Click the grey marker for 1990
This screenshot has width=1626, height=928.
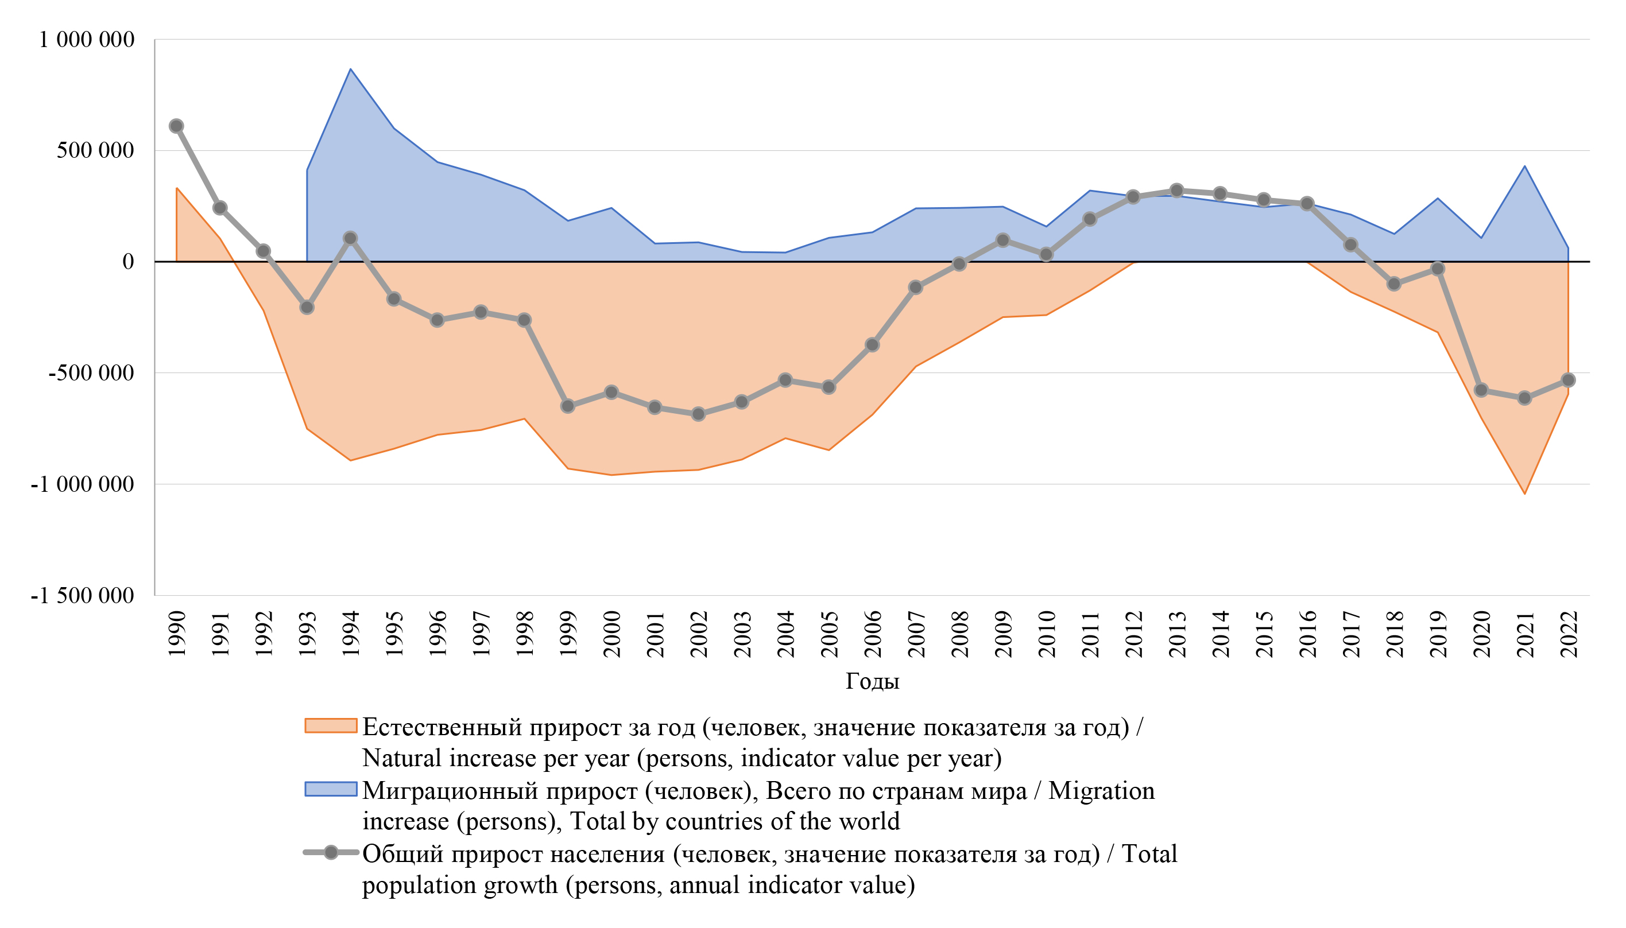[x=177, y=126]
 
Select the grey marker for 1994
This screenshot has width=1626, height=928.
[x=350, y=238]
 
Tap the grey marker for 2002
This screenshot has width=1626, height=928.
[x=698, y=414]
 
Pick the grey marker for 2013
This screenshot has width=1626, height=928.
[x=1177, y=191]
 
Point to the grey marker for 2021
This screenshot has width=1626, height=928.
[x=1524, y=398]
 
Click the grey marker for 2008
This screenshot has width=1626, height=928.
[x=959, y=264]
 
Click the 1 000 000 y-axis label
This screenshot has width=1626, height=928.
[x=87, y=40]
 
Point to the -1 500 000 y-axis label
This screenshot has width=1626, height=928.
[x=82, y=595]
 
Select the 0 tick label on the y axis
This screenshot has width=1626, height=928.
[x=127, y=261]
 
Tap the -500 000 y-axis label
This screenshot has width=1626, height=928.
[x=91, y=373]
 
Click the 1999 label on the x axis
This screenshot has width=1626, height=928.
[x=567, y=634]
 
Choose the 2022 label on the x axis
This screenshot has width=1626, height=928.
[x=1569, y=634]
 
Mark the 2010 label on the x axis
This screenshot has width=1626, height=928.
[x=1046, y=634]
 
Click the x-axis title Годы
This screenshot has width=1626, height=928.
[x=872, y=681]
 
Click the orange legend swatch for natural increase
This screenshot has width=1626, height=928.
[x=330, y=726]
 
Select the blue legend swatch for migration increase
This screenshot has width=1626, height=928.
[x=330, y=789]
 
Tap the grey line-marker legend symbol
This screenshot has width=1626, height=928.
[x=330, y=853]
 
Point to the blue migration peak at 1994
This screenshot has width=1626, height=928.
[x=350, y=69]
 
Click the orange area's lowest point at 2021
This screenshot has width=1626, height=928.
[x=1524, y=494]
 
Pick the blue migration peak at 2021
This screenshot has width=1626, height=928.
[x=1524, y=166]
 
